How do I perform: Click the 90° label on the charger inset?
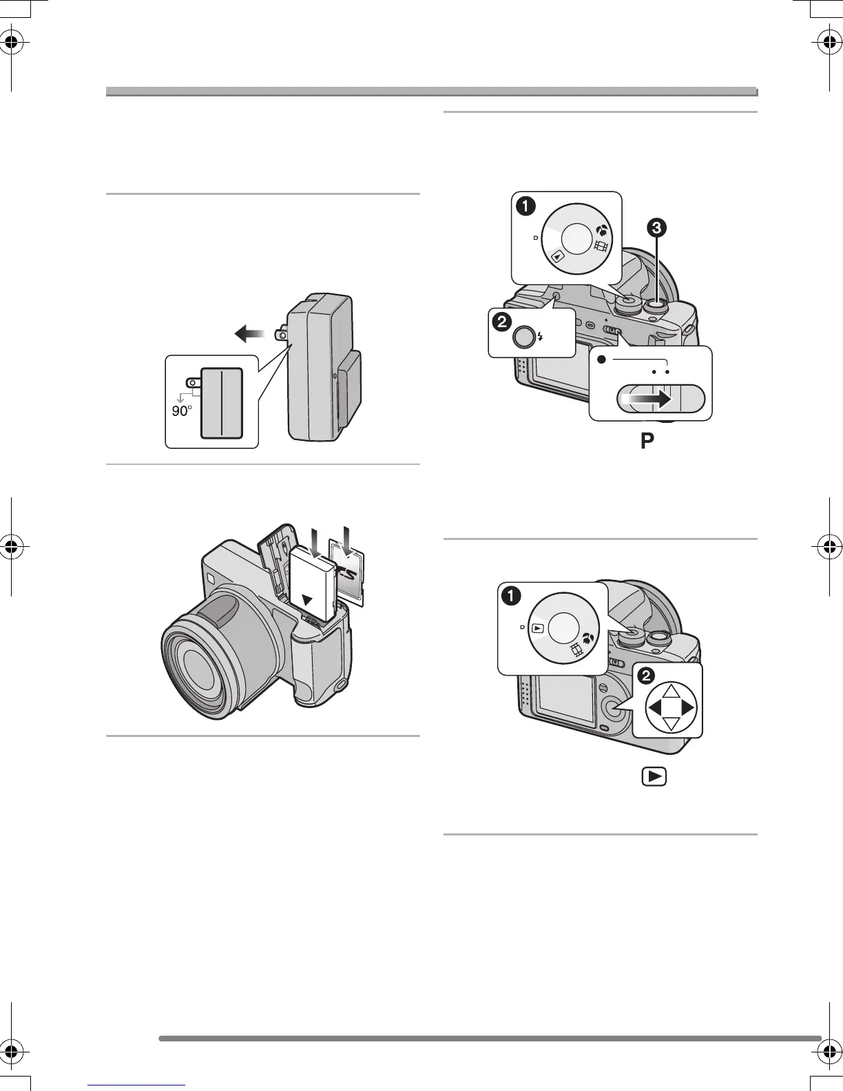click(x=181, y=411)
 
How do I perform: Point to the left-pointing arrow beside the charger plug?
click(x=249, y=334)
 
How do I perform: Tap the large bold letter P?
click(x=647, y=441)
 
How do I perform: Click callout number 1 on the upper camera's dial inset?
click(x=526, y=205)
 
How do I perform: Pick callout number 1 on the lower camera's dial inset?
click(x=511, y=596)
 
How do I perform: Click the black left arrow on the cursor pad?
click(x=654, y=707)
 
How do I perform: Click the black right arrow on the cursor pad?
click(x=687, y=707)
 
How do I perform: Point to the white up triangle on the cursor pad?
click(x=671, y=692)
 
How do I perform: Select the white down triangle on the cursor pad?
click(x=671, y=723)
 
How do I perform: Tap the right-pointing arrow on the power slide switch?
click(x=651, y=398)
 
